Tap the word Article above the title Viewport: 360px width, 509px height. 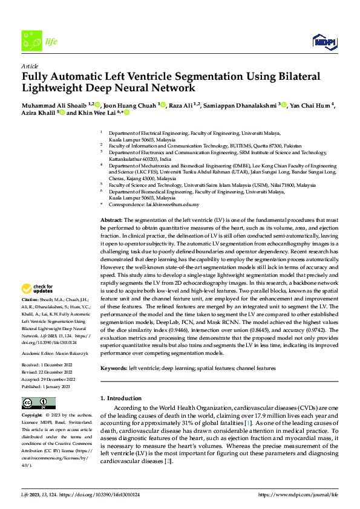coord(30,66)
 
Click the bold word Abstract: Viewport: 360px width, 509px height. coord(111,220)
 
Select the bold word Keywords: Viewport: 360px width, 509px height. coord(114,368)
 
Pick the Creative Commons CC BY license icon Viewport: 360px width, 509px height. coord(39,403)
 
